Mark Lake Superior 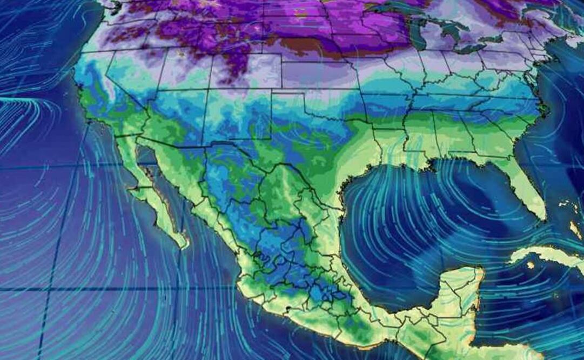click(394, 8)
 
